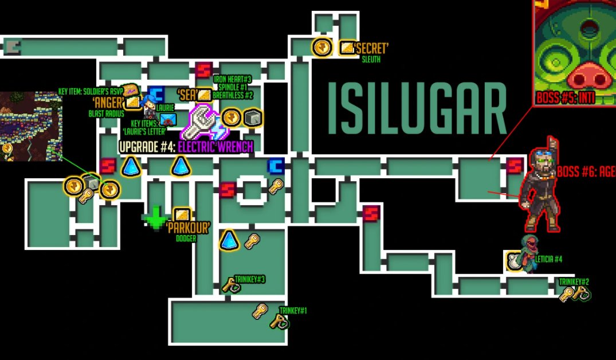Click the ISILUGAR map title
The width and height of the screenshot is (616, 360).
[x=417, y=108]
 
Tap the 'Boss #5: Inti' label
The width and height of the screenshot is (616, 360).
[x=565, y=98]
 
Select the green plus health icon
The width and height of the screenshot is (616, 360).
[x=155, y=217]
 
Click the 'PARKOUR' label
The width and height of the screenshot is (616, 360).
[x=187, y=228]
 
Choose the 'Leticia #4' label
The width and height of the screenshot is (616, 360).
[x=548, y=259]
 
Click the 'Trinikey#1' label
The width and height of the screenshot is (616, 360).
[x=293, y=311]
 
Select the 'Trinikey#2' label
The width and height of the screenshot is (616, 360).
[x=574, y=281]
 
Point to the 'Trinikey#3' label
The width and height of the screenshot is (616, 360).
[x=250, y=279]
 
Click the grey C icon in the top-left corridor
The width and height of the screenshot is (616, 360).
[x=11, y=46]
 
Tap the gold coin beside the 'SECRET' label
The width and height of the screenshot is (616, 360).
[x=322, y=47]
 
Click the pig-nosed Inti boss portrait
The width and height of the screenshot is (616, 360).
[x=574, y=49]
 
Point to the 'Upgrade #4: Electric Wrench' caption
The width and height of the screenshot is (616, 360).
[x=186, y=147]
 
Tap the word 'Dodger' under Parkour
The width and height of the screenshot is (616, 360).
[x=186, y=238]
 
